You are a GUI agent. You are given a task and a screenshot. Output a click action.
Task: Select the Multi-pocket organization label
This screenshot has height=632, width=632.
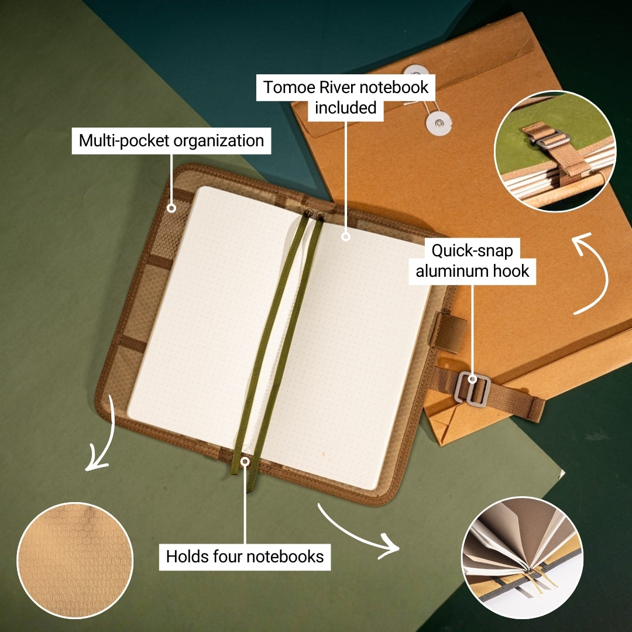tap(171, 141)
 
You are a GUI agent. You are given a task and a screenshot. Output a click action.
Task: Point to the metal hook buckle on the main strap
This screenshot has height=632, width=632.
tap(472, 387)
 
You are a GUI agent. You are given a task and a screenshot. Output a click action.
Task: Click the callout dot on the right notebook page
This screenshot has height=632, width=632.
tap(345, 236)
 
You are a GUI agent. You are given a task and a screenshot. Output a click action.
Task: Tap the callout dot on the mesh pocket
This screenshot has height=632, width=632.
tap(171, 208)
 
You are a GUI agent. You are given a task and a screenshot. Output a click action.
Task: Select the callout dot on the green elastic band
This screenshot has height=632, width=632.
tap(245, 462)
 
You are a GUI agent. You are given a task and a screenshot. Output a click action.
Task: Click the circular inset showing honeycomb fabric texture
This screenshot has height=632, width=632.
tap(75, 561)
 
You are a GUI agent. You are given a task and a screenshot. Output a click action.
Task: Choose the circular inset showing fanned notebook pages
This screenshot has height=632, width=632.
tap(522, 557)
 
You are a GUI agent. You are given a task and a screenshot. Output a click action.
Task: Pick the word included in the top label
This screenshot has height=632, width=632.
tap(345, 108)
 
